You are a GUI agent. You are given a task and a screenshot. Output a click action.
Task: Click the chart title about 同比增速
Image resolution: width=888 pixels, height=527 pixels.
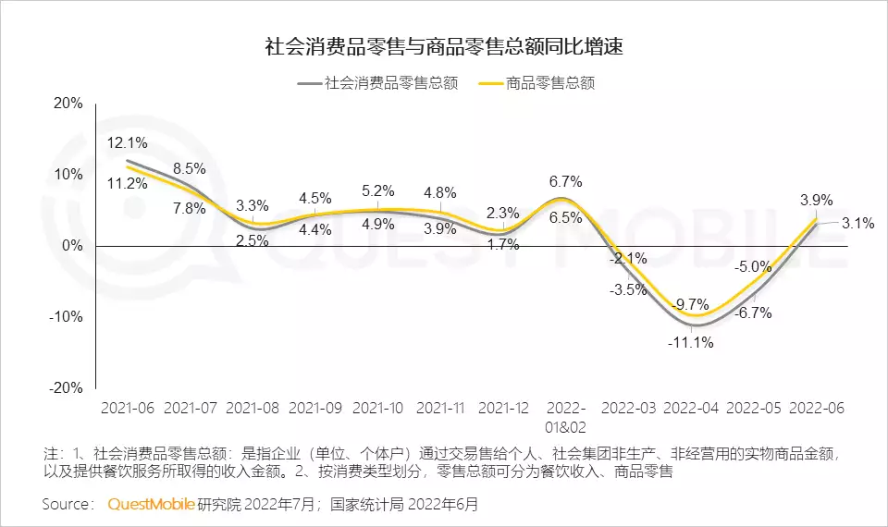pos(444,47)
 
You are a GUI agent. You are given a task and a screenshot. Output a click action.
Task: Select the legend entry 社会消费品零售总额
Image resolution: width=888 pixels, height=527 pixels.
pos(379,83)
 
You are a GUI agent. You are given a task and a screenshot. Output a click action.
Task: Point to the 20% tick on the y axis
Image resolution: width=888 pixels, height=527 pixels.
pos(69,104)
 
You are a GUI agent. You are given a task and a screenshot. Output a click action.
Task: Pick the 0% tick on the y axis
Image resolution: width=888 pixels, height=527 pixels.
pos(73,246)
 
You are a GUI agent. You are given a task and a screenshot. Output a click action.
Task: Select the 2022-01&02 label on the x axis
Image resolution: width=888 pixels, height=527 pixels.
pos(565,417)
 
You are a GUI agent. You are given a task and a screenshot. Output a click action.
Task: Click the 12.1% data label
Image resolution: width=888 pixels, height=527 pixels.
pos(127,143)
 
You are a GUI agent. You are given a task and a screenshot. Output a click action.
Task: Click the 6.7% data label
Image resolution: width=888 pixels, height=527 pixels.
pos(565,181)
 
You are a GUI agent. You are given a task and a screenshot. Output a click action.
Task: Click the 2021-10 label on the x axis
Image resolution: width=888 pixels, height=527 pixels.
pos(376,408)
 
